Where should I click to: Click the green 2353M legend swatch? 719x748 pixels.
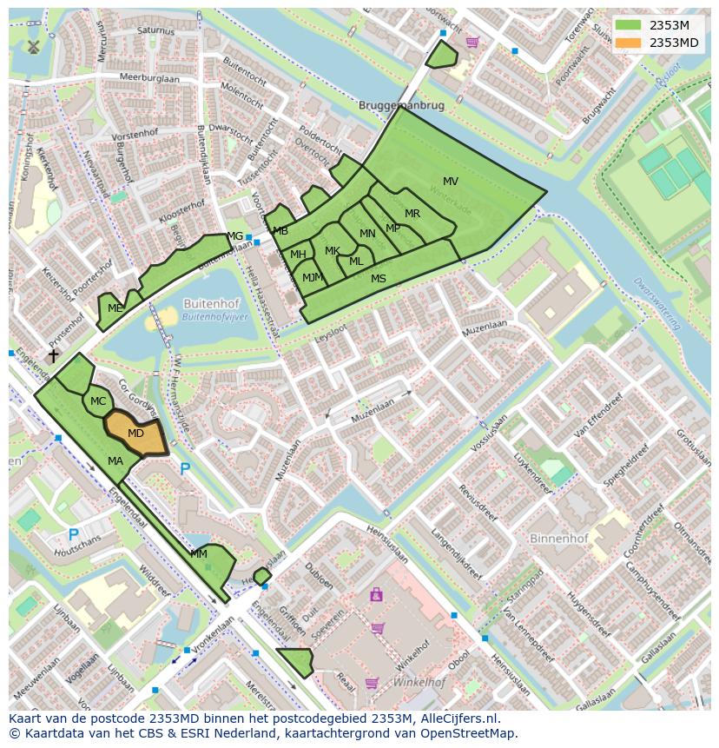[x=629, y=25]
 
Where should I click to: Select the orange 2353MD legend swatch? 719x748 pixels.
[x=629, y=43]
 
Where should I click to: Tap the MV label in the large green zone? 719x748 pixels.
[x=451, y=182]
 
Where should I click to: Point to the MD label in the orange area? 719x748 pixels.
[x=135, y=433]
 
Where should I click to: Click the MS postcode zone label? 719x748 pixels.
[x=379, y=279]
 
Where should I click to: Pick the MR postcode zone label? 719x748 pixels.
[x=412, y=214]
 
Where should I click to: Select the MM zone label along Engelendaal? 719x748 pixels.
[x=199, y=553]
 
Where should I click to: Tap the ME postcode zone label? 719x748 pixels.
[x=115, y=308]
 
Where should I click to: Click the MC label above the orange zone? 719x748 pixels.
[x=98, y=401]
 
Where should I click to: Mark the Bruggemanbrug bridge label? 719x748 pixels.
[x=401, y=105]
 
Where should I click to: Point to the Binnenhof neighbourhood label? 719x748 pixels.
[x=558, y=539]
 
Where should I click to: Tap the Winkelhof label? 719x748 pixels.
[x=419, y=683]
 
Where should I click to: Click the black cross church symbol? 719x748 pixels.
[x=53, y=356]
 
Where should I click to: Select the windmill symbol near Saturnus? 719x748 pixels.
[x=34, y=47]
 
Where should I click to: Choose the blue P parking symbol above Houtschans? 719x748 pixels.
[x=73, y=534]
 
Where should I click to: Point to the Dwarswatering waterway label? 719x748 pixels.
[x=656, y=304]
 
